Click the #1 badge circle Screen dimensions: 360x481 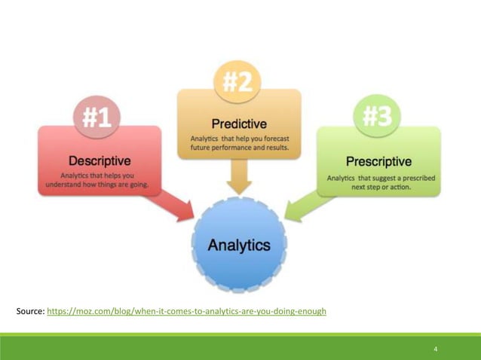(x=97, y=117)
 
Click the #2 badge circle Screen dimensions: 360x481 (x=237, y=82)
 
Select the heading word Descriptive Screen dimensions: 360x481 (x=100, y=160)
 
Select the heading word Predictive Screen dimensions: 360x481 (x=239, y=124)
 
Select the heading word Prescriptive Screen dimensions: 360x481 (x=378, y=161)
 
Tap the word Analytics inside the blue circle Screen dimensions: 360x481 (x=239, y=245)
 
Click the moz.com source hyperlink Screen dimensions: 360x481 (x=186, y=310)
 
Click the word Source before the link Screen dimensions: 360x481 (x=29, y=310)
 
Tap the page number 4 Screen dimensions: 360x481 (x=436, y=349)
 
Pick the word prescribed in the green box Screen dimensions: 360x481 (x=418, y=178)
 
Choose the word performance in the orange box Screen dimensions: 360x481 (x=234, y=148)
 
